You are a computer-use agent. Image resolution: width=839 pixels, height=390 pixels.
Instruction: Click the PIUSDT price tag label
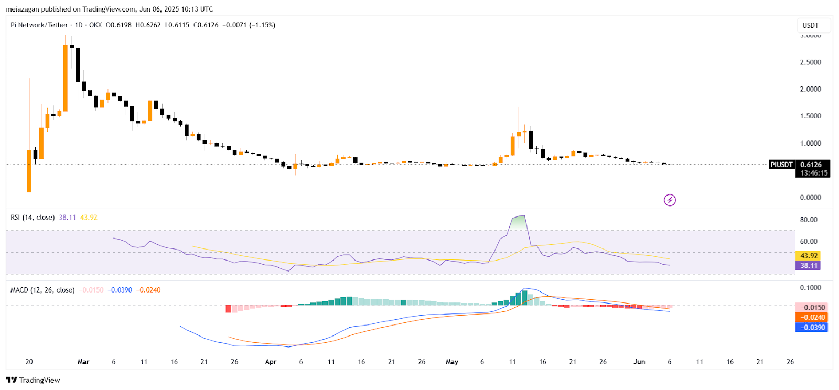coord(781,165)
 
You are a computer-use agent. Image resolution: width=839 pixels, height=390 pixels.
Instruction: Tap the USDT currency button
coord(810,25)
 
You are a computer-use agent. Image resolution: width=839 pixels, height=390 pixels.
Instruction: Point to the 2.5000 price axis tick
coord(810,62)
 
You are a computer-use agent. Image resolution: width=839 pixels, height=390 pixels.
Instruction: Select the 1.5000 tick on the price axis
coord(810,116)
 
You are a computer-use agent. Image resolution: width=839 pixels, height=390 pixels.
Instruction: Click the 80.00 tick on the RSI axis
coord(808,220)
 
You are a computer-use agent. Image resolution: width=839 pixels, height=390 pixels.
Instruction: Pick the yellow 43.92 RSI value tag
coord(809,256)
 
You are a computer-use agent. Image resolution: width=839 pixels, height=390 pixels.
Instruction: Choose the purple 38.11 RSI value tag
coord(809,265)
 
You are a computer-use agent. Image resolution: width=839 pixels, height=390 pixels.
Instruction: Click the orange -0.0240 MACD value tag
coord(812,317)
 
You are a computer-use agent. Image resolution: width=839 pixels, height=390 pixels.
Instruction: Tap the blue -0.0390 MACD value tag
coord(812,327)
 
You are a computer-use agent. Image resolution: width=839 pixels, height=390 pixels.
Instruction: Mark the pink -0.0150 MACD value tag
coord(812,308)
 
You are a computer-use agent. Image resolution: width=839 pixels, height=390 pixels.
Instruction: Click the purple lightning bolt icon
coord(670,200)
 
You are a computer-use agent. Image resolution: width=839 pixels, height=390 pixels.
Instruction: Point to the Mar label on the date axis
coord(83,362)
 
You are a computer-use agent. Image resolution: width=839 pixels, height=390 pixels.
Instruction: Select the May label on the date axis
coord(451,362)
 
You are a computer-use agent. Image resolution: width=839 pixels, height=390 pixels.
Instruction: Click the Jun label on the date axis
coord(639,362)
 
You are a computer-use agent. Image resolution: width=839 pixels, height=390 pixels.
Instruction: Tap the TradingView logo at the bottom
coord(33,380)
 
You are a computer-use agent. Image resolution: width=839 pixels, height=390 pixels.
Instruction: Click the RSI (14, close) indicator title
coord(33,218)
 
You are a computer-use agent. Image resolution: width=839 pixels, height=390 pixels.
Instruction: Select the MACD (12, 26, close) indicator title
coord(42,290)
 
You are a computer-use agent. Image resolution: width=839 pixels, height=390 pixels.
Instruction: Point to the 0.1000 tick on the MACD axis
coord(810,288)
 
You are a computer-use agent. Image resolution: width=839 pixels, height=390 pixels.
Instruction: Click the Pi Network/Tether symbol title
coord(39,25)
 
